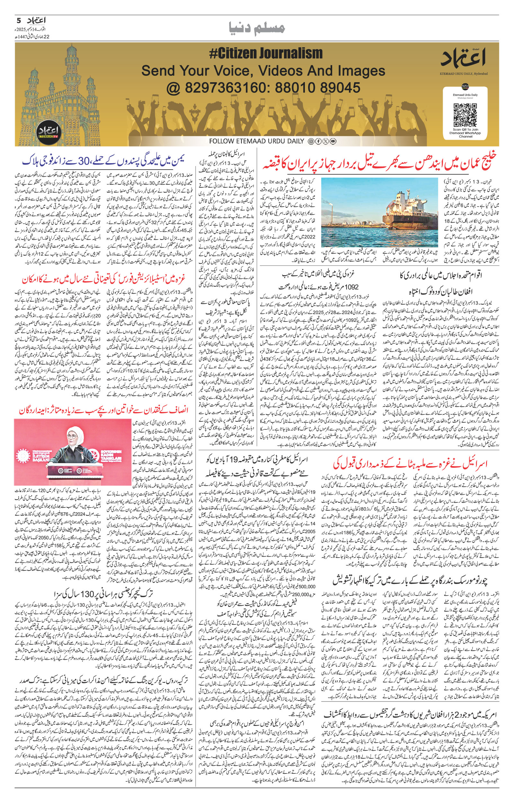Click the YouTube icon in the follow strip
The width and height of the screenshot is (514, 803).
[x=333, y=141]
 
